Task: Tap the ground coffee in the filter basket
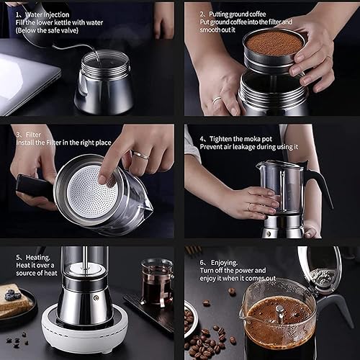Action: (x=274, y=43)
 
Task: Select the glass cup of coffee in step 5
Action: (x=157, y=282)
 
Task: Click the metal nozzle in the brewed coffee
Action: (x=279, y=312)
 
